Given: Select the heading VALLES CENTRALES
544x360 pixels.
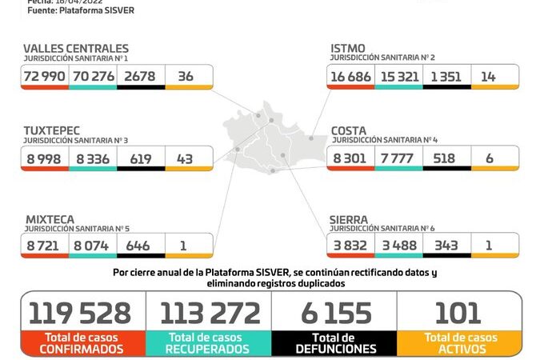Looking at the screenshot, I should (76, 49).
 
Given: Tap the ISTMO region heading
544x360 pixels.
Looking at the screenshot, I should (348, 49).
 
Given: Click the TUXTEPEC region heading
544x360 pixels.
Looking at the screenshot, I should (56, 130).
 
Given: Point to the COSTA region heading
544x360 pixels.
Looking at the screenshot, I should (349, 130).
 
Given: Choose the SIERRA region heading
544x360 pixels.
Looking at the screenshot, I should (350, 217).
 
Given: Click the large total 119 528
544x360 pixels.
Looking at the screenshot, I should (84, 313).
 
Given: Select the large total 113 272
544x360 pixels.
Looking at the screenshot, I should (210, 313).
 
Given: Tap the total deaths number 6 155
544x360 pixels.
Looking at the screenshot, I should (334, 313).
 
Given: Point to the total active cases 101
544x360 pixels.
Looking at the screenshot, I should (458, 313).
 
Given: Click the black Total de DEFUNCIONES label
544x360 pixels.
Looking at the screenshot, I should (334, 343).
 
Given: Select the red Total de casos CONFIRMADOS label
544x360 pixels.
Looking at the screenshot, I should (84, 343).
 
